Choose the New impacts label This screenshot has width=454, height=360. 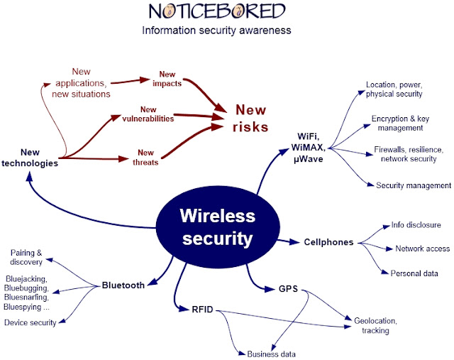tap(167, 79)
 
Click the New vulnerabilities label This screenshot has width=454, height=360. tap(148, 114)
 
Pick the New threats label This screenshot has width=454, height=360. tap(148, 157)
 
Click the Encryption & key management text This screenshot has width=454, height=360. tap(397, 123)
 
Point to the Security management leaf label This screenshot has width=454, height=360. tap(413, 185)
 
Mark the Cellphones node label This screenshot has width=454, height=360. tap(328, 242)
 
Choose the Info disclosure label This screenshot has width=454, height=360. tap(416, 225)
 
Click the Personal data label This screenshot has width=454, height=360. tap(414, 273)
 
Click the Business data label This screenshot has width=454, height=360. tap(271, 354)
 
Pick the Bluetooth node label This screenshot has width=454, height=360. tap(123, 285)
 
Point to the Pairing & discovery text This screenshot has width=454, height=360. tap(27, 257)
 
